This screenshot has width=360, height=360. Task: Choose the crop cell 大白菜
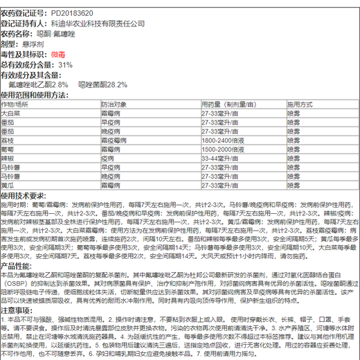point(10,112)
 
